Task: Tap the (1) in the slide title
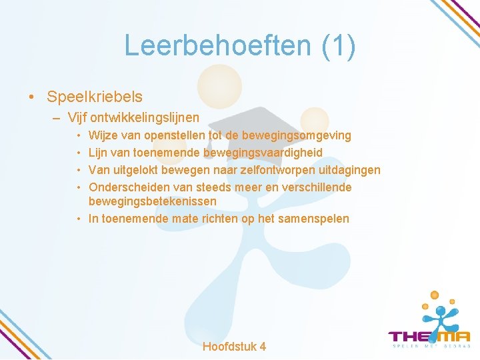(338, 46)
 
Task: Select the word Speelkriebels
(95, 97)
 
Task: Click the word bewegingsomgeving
(296, 135)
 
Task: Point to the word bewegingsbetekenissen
(153, 201)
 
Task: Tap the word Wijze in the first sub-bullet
(103, 135)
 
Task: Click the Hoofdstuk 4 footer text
(234, 346)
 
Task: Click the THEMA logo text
(429, 337)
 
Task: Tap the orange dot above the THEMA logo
(434, 295)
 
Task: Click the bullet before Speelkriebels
(33, 97)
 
